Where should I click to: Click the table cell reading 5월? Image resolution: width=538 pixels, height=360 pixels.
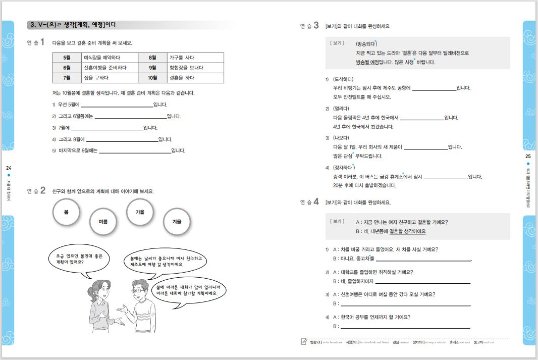(x=67, y=58)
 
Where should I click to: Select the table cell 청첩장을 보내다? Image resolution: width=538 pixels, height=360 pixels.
(x=195, y=68)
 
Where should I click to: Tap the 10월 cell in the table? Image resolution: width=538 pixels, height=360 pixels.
(x=152, y=78)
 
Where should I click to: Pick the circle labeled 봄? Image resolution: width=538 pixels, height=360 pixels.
(x=66, y=213)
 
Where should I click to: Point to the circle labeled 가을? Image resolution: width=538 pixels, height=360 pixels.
(x=140, y=213)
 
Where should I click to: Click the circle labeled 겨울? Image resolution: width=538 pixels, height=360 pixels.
(x=177, y=222)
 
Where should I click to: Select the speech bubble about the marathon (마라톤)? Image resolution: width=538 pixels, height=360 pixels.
(x=188, y=290)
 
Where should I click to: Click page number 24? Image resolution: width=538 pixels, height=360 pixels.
(x=8, y=168)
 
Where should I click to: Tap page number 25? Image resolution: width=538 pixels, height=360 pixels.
(x=528, y=157)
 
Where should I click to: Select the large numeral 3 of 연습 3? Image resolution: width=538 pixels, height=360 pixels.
(x=316, y=26)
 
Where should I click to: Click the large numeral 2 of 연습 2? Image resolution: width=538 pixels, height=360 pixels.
(x=43, y=191)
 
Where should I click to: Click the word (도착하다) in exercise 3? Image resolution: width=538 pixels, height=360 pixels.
(x=344, y=79)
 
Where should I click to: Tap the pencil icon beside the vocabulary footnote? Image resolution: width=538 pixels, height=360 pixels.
(x=303, y=342)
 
